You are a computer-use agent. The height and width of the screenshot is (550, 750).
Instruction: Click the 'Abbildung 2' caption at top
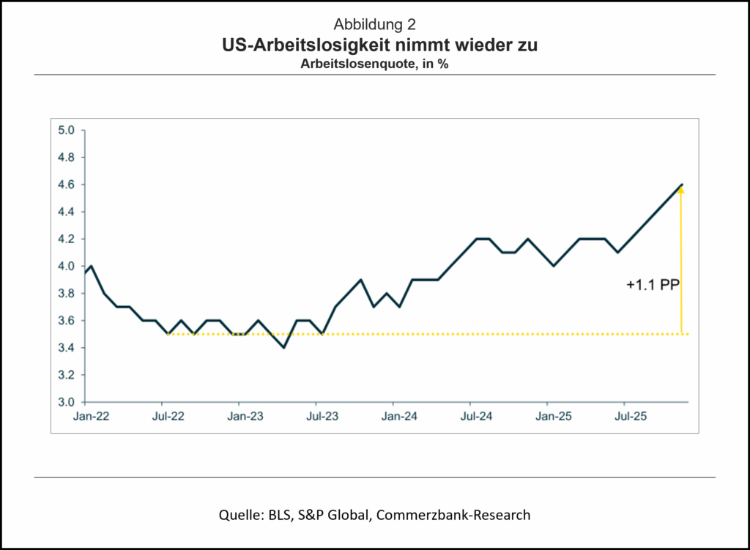click(374, 24)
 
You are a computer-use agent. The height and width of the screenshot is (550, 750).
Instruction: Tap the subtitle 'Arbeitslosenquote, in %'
click(374, 64)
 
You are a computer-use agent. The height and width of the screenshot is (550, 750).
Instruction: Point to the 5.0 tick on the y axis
click(67, 130)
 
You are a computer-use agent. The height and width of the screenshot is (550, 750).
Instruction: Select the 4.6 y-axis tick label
click(67, 185)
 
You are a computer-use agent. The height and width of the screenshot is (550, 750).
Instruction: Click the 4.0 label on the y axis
click(67, 267)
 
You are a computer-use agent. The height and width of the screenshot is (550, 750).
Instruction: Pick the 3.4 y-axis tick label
click(67, 348)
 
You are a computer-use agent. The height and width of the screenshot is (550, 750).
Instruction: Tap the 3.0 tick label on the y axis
click(67, 402)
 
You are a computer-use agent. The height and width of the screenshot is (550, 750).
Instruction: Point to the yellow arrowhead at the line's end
click(681, 190)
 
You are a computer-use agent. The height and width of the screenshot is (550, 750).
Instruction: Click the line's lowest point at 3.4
click(283, 347)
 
